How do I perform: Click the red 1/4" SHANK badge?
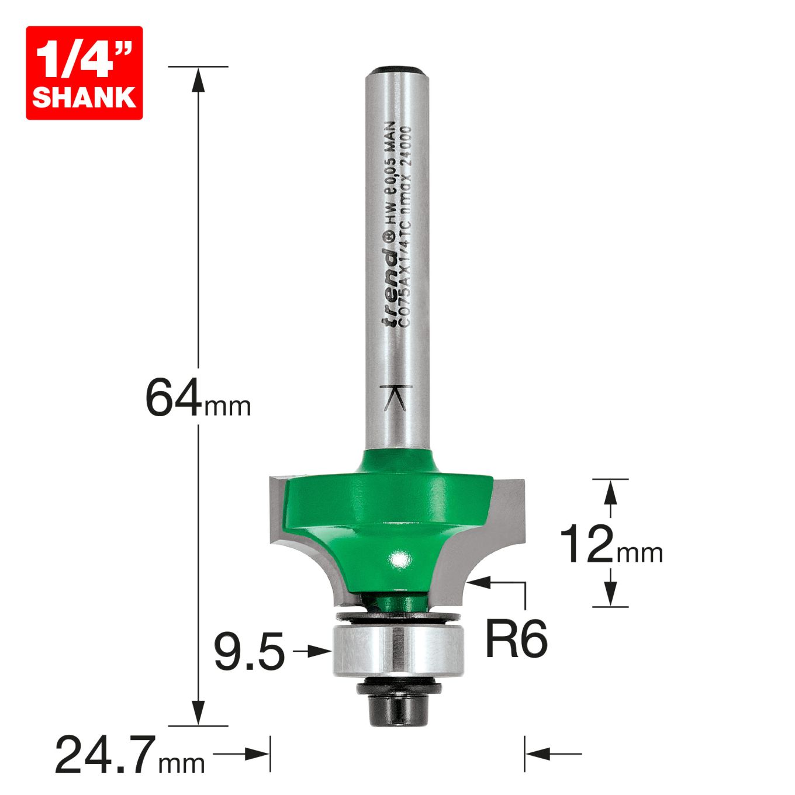coord(84,72)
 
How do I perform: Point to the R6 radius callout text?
coord(516,639)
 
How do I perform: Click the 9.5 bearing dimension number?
coord(249,652)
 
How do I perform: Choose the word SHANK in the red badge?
coord(84,96)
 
